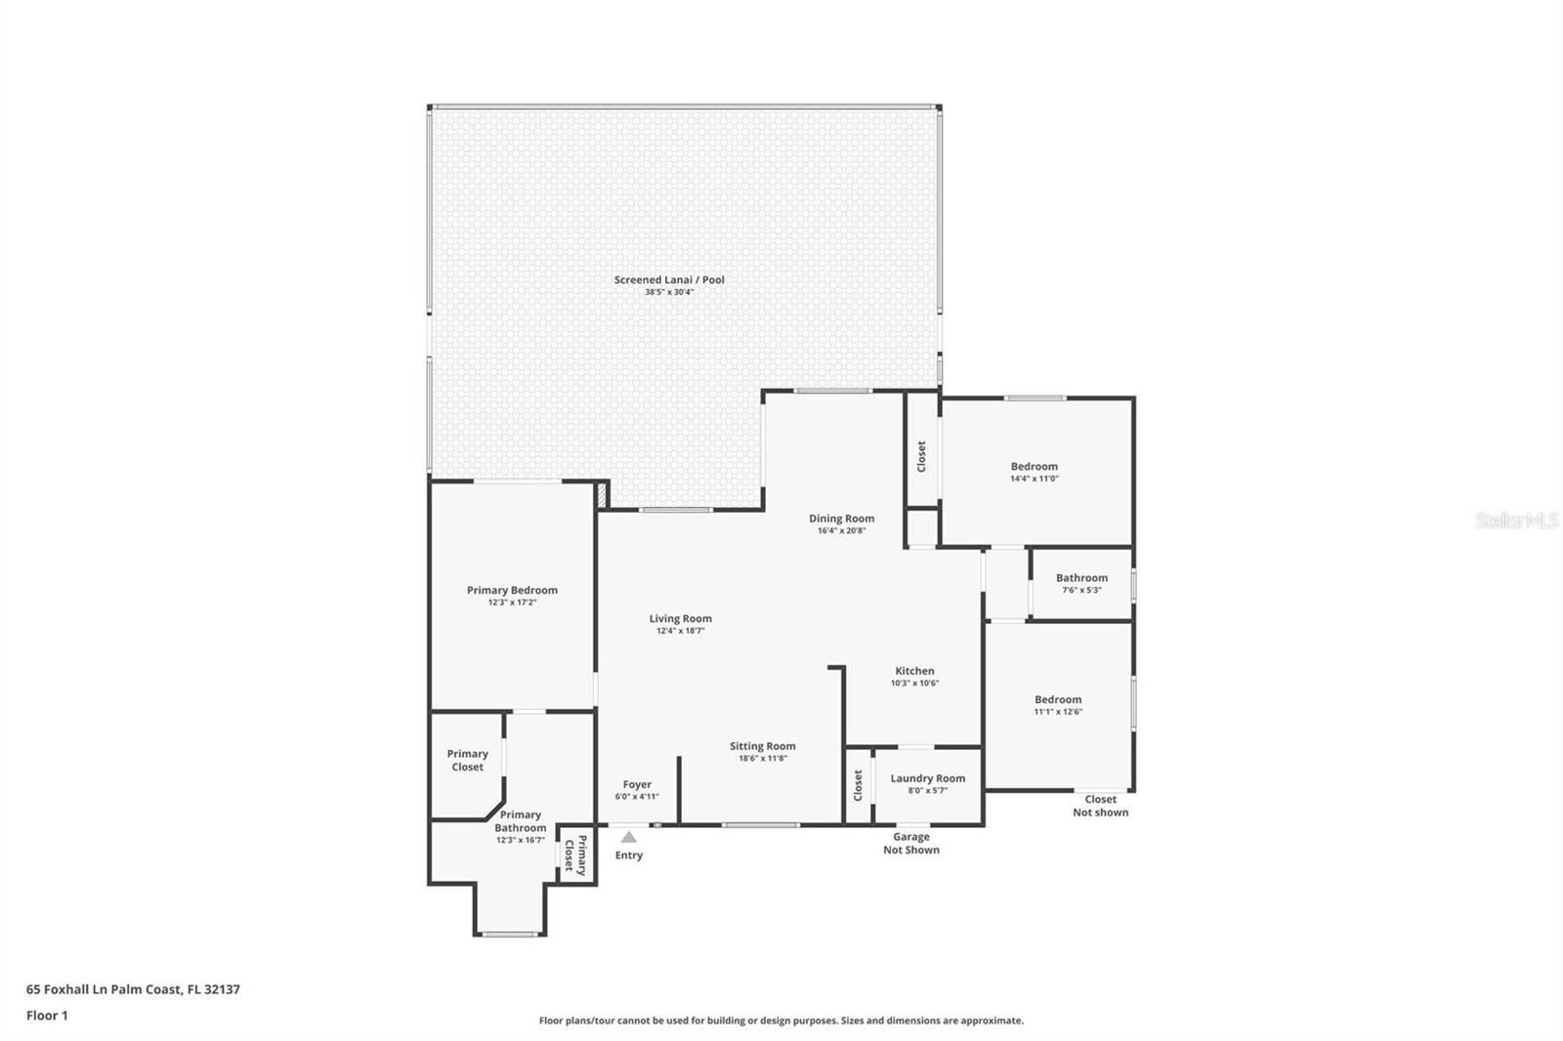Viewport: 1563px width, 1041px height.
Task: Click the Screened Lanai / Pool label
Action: (x=669, y=280)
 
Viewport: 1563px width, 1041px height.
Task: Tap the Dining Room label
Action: (x=841, y=519)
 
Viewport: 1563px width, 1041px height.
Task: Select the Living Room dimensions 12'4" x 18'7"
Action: (x=680, y=631)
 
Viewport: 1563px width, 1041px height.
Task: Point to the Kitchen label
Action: (x=914, y=671)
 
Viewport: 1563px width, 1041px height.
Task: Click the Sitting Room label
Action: (x=763, y=746)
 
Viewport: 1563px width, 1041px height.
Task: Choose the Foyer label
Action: (x=637, y=784)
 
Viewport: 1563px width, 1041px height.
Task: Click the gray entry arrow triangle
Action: (x=629, y=837)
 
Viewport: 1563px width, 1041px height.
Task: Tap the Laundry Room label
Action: (x=928, y=778)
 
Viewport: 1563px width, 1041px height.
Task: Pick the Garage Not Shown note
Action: (x=911, y=843)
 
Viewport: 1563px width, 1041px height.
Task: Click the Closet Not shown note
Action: (x=1100, y=806)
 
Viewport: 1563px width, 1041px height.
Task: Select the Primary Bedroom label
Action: (x=512, y=590)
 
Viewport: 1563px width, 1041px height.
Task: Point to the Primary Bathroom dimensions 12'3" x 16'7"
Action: (x=521, y=840)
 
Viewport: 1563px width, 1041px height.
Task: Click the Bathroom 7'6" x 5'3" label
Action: (x=1081, y=583)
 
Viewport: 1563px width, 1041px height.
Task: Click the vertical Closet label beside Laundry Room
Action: (x=859, y=785)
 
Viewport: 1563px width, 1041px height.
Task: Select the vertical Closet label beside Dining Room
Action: (x=921, y=456)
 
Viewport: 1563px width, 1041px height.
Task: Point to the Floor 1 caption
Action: (x=48, y=1016)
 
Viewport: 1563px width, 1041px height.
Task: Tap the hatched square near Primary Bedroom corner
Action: (x=601, y=494)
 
